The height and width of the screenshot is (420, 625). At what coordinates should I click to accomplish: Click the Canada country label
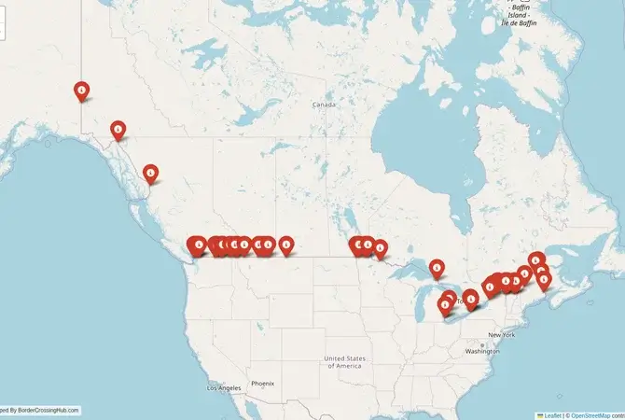point(324,105)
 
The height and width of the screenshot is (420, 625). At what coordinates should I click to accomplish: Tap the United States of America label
point(342,361)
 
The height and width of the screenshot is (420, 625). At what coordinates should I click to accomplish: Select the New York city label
point(501,334)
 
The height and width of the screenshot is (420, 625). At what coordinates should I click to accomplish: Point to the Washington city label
point(482,351)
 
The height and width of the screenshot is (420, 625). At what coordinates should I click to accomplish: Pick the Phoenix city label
point(262,383)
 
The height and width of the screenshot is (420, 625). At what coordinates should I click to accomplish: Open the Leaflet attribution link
point(552,414)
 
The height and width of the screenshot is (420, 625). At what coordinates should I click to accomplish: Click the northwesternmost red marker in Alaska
point(82,91)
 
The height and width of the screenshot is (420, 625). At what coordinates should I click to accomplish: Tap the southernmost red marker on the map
point(444,304)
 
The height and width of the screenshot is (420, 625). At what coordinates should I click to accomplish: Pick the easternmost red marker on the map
point(546,278)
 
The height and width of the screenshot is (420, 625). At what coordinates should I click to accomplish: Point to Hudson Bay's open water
point(410,140)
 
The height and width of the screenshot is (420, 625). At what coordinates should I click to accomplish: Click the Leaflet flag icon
point(540,414)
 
